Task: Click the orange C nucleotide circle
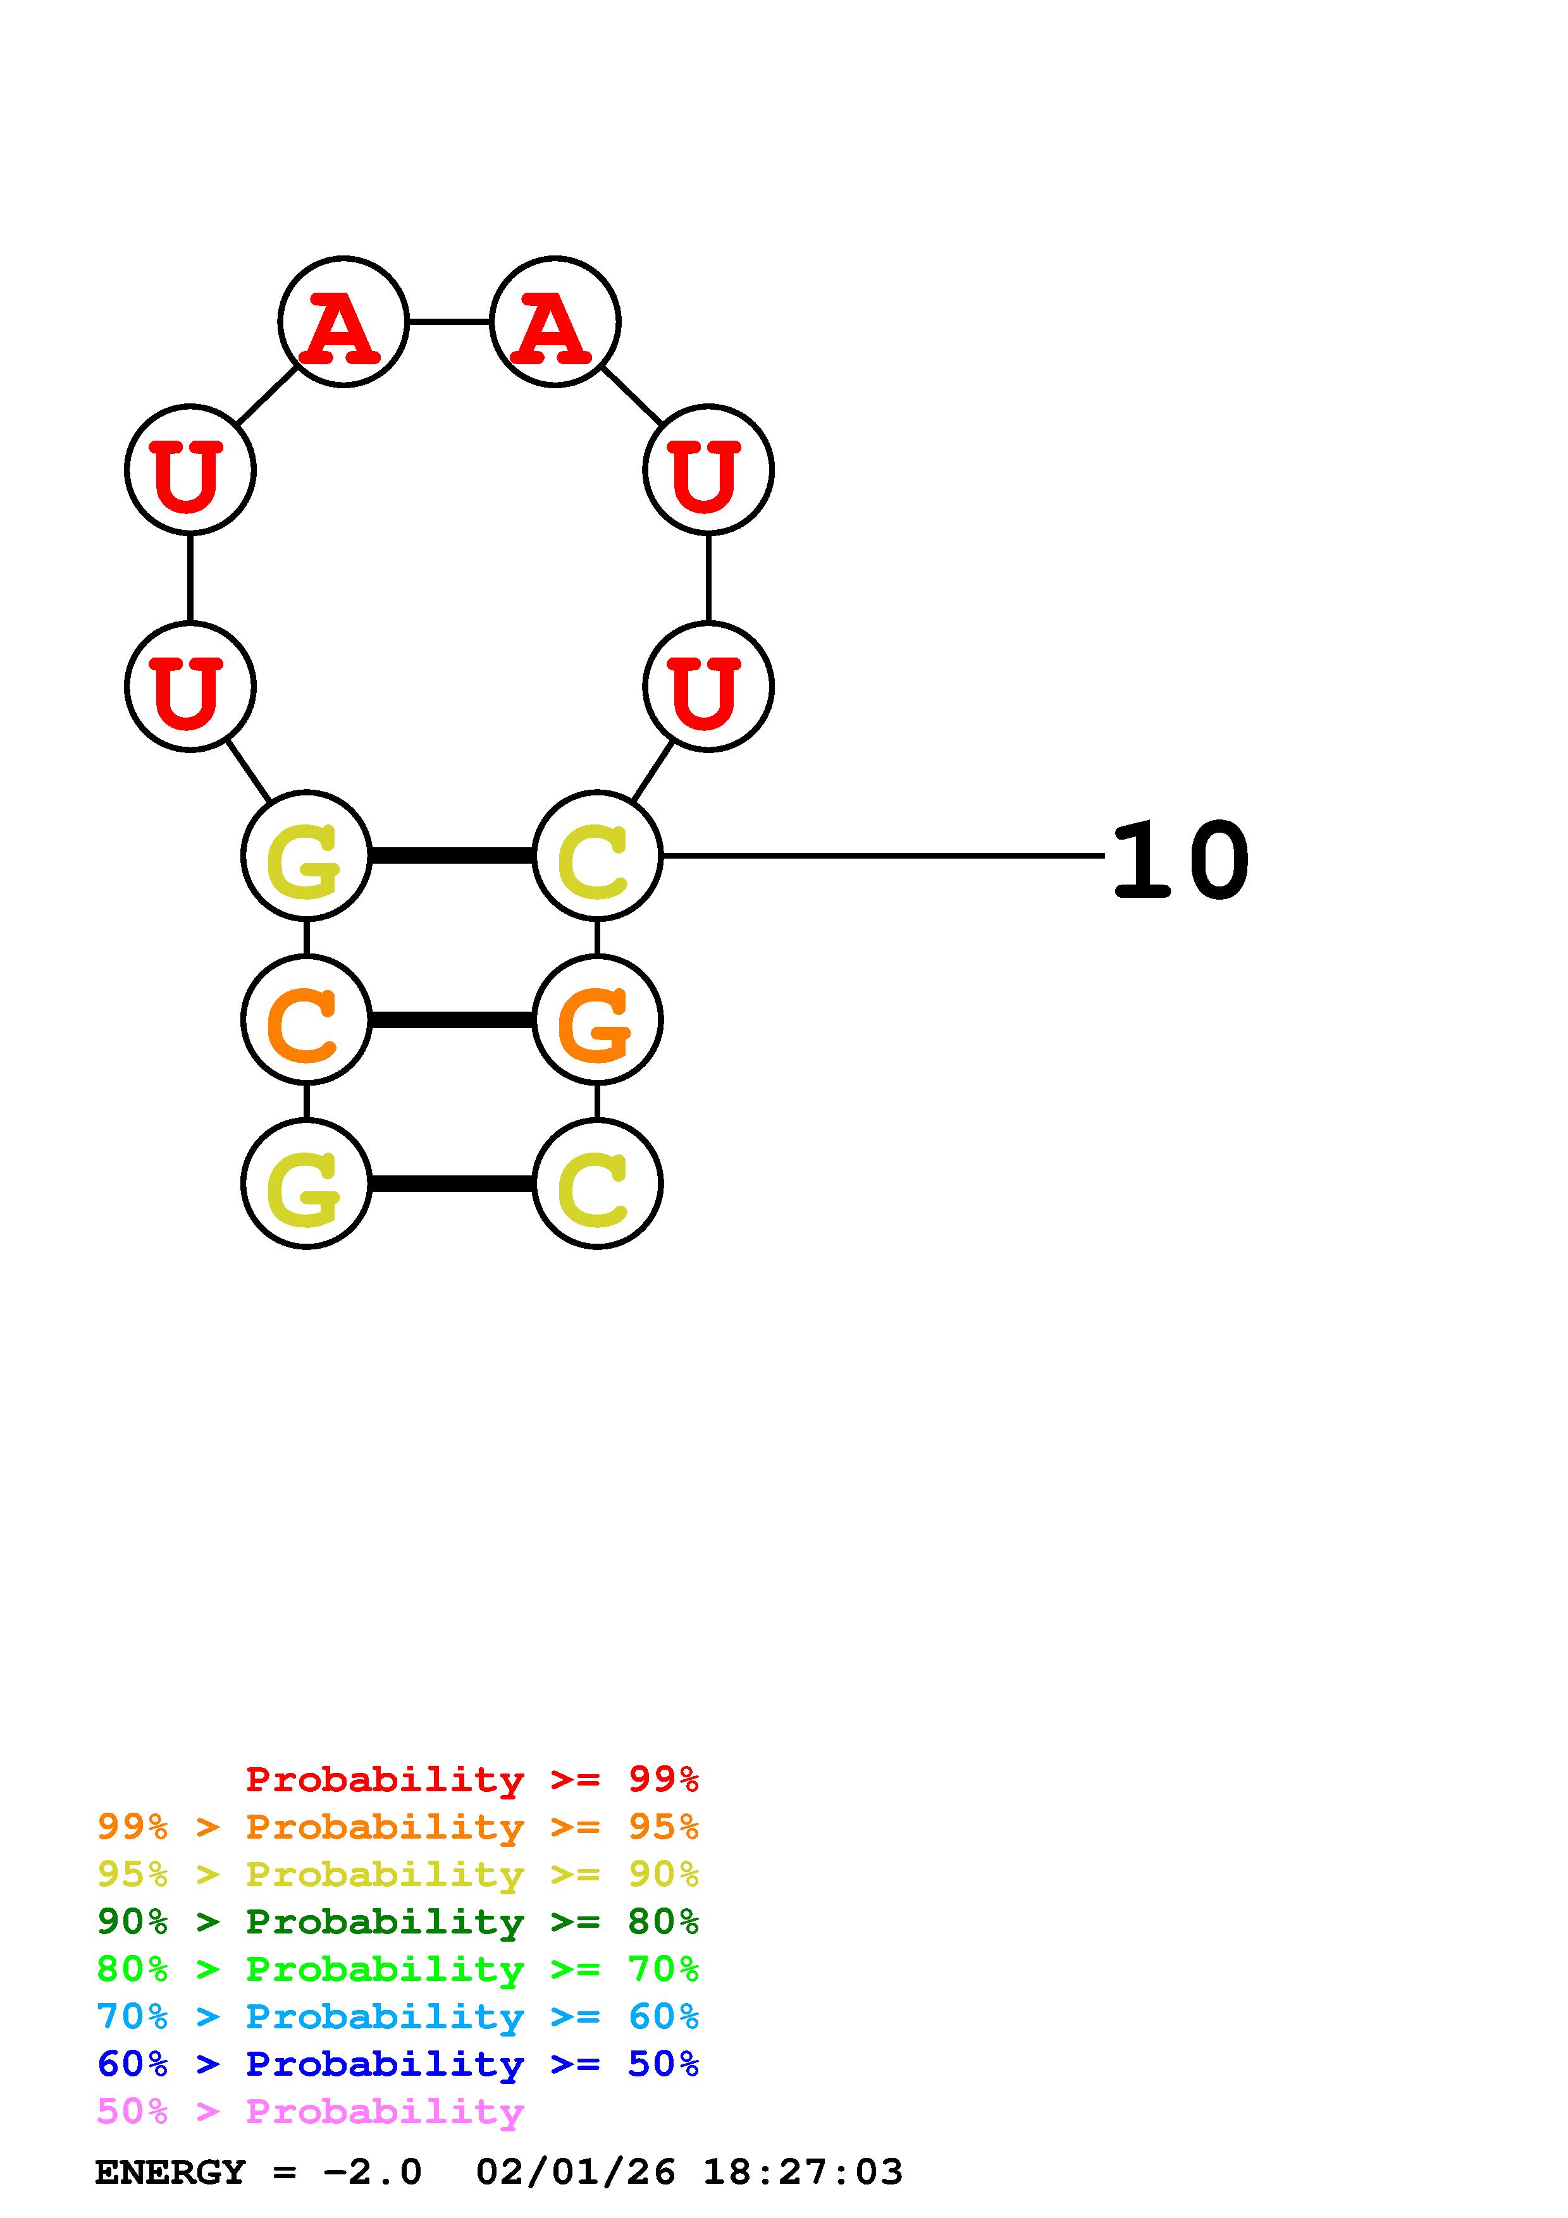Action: point(306,1019)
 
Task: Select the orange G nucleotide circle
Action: point(597,1019)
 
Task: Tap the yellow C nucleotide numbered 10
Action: point(597,855)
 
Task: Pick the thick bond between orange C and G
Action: point(451,1019)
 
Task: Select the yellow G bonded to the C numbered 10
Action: point(306,855)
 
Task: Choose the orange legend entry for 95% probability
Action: point(398,1827)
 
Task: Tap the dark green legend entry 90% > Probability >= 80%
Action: point(398,1921)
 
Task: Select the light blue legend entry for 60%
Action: point(398,2016)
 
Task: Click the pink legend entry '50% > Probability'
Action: point(309,2111)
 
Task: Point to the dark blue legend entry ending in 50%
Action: point(398,2064)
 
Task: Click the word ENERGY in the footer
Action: point(170,2172)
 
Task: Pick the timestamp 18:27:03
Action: point(802,2172)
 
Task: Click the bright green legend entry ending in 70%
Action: point(398,1969)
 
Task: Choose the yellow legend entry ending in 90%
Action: point(398,1874)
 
